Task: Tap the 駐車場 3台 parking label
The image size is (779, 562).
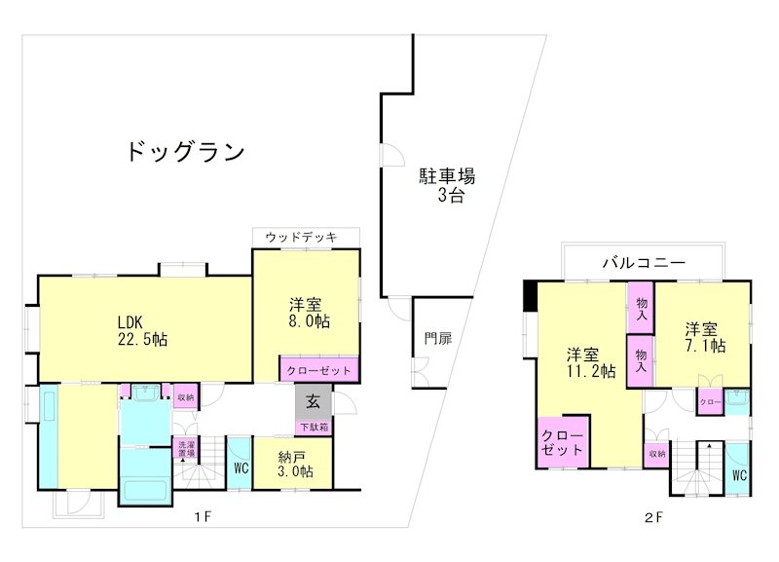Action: (447, 185)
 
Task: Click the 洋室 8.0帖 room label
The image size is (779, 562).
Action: (308, 312)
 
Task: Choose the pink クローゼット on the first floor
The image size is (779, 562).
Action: (320, 371)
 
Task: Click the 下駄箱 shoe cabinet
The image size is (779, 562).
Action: (314, 427)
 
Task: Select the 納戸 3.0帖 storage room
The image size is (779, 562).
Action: (292, 463)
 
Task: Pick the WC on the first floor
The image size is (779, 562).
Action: (241, 468)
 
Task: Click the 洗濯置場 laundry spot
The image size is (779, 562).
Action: (184, 450)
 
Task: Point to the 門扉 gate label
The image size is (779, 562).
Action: (437, 339)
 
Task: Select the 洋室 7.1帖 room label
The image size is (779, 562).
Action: (703, 336)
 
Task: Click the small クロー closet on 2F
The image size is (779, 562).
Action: (709, 402)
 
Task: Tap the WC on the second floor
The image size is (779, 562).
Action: (738, 475)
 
